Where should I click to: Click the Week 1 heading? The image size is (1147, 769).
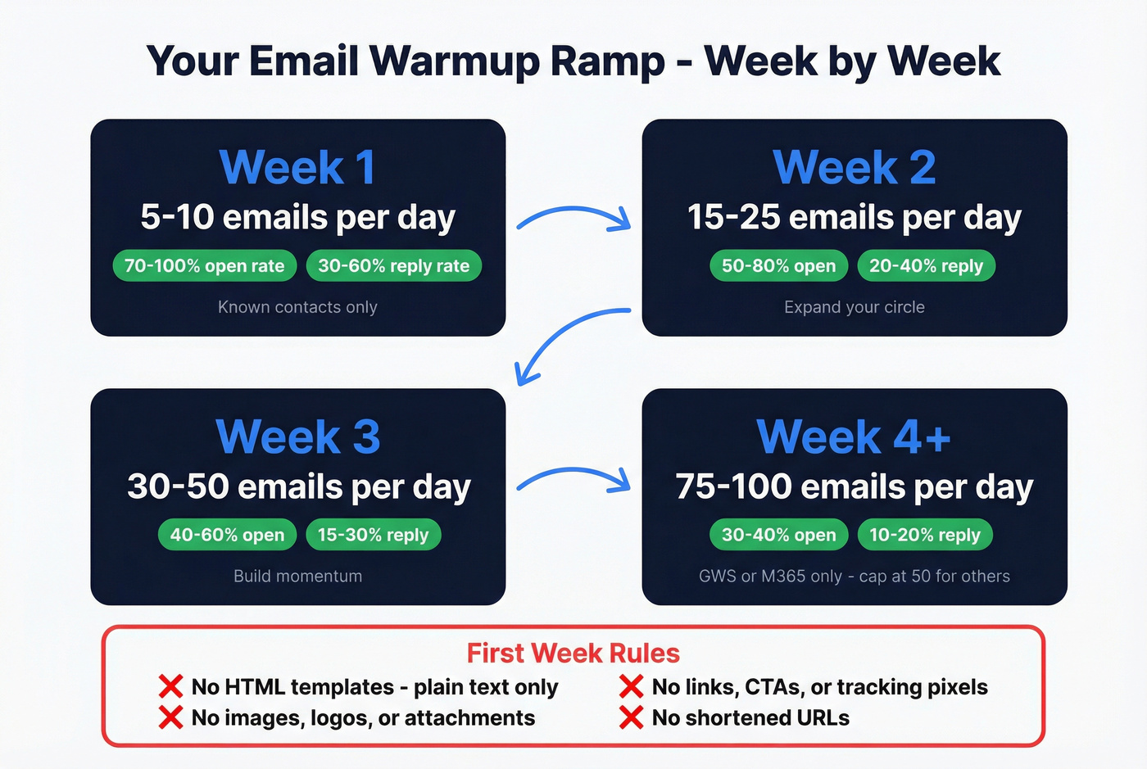point(297,168)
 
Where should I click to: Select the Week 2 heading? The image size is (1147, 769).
point(854,168)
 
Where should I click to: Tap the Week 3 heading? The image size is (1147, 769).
point(297,437)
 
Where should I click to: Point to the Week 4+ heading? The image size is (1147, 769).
point(854,437)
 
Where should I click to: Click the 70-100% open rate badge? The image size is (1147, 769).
point(205,266)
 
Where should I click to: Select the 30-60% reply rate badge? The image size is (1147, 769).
point(393,266)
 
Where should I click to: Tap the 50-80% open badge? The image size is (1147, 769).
point(778,266)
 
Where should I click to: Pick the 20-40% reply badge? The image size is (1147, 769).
point(926,266)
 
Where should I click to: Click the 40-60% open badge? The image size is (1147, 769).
point(227,535)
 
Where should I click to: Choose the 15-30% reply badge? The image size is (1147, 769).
point(373,535)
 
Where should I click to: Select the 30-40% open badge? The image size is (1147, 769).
point(778,535)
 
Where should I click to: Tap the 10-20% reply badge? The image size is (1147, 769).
point(924,535)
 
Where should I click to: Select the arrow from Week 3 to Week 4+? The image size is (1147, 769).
point(573,478)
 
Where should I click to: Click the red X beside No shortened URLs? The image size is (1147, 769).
point(631,718)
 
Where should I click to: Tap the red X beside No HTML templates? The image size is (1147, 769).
point(170,686)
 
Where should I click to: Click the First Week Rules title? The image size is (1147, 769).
point(573,654)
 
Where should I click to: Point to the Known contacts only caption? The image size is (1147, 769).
point(297,307)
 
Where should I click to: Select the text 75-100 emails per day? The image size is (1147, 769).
point(854,487)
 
